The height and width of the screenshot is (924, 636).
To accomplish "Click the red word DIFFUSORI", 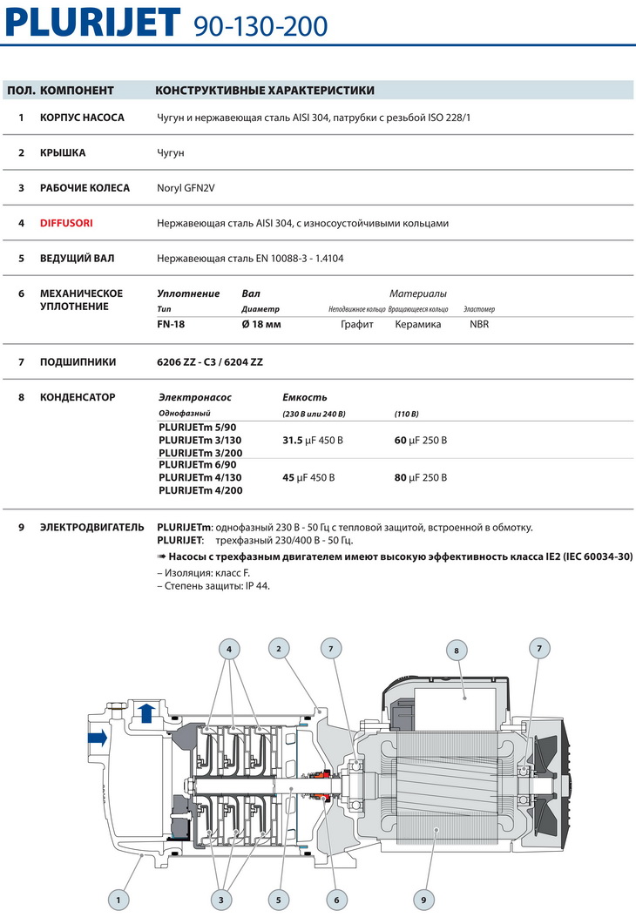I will click(66, 223).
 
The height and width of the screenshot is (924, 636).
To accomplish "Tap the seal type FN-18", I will click(172, 324).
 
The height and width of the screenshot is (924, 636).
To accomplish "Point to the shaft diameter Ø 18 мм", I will click(261, 324).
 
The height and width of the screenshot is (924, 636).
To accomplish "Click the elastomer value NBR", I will click(479, 324).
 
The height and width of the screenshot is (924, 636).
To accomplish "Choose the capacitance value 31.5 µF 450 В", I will click(313, 441).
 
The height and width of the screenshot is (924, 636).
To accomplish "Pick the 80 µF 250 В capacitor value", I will click(421, 477).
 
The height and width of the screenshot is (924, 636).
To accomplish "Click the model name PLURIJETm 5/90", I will click(197, 428).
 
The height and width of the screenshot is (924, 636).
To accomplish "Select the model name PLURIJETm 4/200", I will click(200, 490).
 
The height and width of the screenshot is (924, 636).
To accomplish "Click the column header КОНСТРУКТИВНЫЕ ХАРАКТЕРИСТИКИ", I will click(265, 91).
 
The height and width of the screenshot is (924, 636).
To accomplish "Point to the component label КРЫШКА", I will click(63, 153).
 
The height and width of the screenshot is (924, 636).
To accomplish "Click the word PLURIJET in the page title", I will click(92, 23).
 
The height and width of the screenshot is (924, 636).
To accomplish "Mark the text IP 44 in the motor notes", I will click(258, 586).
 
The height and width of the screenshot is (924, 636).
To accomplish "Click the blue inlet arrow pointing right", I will click(97, 739).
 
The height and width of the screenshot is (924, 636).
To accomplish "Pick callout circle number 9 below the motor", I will click(423, 897).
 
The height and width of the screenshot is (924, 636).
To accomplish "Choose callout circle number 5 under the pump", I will click(279, 897).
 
